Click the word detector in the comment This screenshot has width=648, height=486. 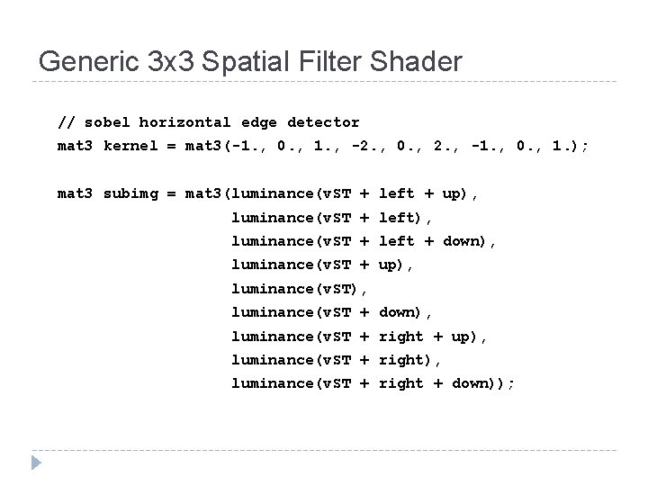click(324, 122)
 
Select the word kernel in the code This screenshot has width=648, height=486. click(128, 146)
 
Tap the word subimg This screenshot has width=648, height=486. click(128, 193)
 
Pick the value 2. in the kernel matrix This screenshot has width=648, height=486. click(455, 146)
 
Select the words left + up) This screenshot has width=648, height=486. click(429, 193)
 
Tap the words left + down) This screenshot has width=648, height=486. click(437, 241)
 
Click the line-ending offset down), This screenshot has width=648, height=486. click(406, 312)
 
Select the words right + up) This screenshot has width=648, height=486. click(433, 337)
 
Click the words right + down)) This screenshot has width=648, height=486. click(447, 384)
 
